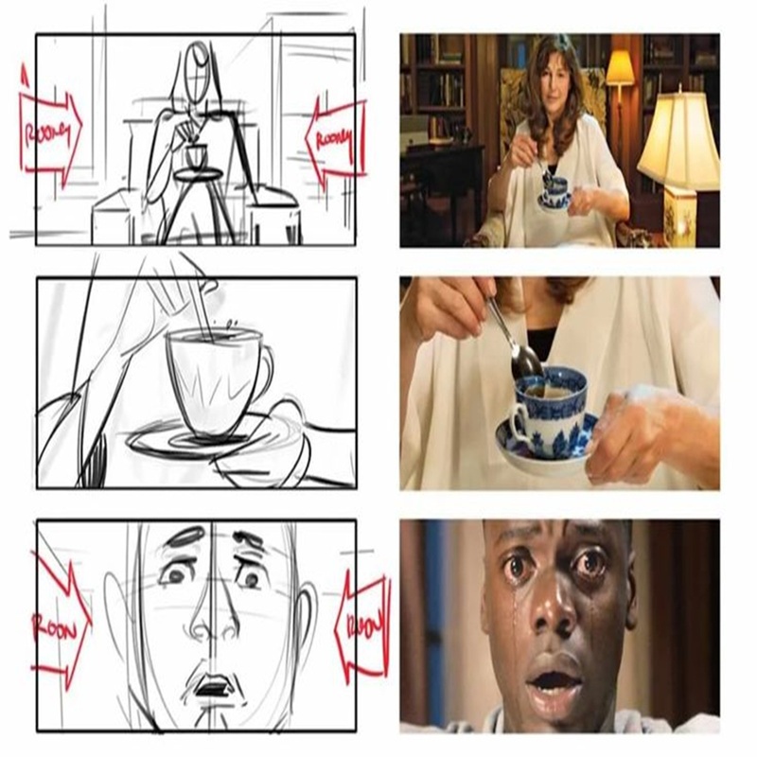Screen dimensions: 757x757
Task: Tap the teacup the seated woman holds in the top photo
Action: point(556,188)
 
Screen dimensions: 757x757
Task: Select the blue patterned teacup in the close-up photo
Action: point(549,412)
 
